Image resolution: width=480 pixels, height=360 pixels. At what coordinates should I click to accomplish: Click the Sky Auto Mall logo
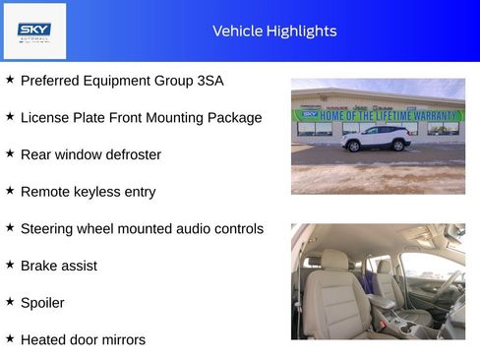click(34, 31)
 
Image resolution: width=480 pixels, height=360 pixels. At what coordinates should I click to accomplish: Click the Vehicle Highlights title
click(274, 31)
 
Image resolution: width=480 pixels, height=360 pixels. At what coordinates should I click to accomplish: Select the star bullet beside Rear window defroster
click(10, 153)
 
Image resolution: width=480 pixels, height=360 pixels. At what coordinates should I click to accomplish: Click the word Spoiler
click(42, 303)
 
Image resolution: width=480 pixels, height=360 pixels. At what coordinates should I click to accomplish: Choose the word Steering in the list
click(49, 229)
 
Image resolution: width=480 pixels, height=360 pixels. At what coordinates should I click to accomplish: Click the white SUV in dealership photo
click(376, 139)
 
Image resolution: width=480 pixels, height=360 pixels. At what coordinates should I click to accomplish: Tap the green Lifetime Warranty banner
click(379, 115)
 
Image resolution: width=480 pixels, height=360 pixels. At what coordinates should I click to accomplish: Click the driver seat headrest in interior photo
click(335, 261)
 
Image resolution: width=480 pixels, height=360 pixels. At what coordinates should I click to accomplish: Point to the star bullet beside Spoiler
click(10, 302)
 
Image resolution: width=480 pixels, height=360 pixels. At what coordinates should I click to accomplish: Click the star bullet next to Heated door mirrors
click(10, 338)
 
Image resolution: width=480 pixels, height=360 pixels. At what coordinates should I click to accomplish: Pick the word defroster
click(132, 154)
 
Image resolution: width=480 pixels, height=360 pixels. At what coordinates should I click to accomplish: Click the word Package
click(234, 118)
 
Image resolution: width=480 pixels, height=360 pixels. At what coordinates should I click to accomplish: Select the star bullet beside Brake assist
click(10, 265)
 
